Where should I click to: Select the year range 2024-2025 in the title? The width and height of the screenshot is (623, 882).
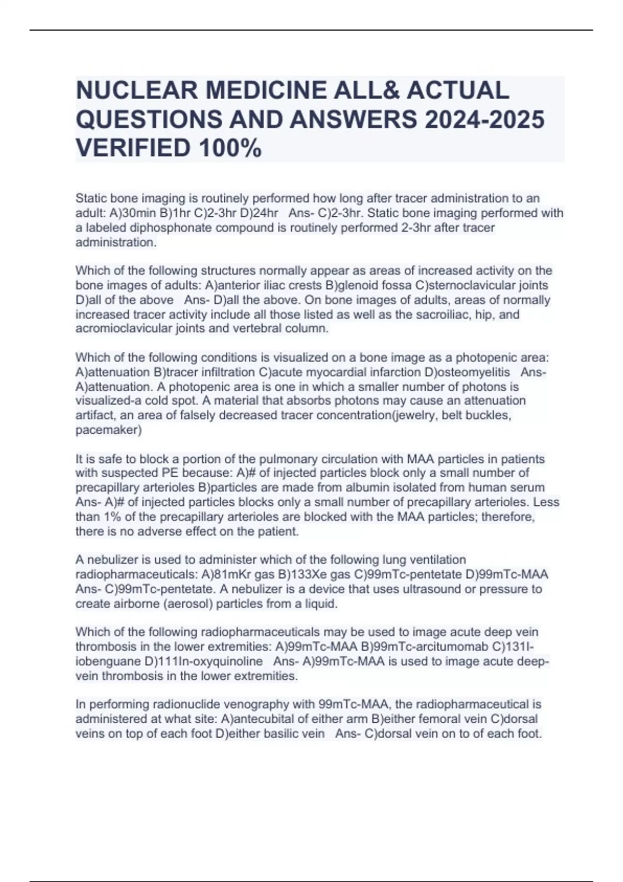coord(484,120)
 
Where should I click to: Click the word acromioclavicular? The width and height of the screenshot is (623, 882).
coord(130,329)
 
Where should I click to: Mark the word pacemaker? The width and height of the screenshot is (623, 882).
coord(108,430)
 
